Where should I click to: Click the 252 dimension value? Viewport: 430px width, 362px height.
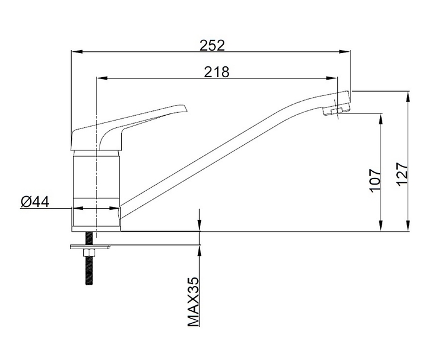click(x=212, y=45)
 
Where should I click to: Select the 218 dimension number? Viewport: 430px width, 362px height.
click(x=217, y=72)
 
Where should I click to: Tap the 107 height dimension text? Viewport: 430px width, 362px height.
click(x=375, y=180)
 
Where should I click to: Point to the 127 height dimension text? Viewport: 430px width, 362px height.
click(x=403, y=174)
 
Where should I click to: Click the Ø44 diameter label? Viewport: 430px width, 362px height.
click(x=35, y=202)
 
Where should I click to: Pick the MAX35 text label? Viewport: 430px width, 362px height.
click(x=194, y=302)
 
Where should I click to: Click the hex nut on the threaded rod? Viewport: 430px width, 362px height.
click(x=89, y=252)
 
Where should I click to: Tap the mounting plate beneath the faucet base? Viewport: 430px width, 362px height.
click(x=90, y=247)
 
